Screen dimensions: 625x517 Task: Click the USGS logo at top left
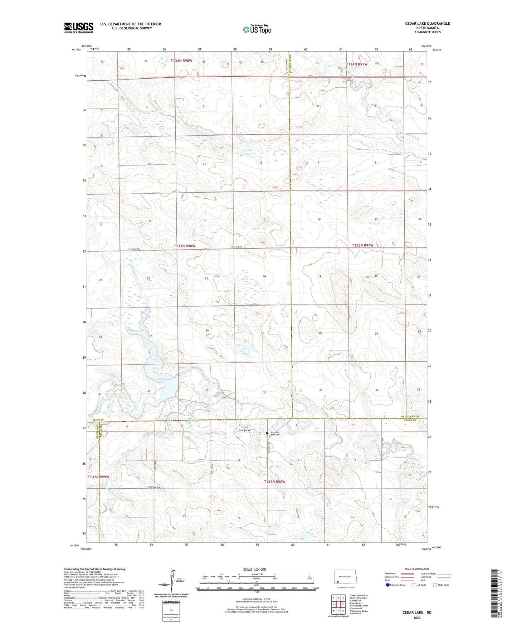coord(79,28)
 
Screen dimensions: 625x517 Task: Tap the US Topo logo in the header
coord(257,29)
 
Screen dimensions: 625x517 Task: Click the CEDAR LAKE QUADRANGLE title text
coord(427,24)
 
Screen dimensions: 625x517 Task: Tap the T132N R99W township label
coord(98,477)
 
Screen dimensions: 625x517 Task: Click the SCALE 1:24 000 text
coord(254,569)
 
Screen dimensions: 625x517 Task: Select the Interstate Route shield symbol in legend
coord(388,585)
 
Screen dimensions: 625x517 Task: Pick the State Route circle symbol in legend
coord(435,585)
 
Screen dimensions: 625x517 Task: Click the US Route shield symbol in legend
coord(414,585)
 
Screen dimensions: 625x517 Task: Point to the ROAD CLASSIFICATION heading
coord(417,569)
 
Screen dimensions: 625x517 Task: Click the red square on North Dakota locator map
coord(337,582)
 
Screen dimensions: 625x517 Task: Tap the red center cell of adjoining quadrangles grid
coord(338,604)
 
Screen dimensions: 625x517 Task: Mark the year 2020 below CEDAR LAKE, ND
coord(417,617)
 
